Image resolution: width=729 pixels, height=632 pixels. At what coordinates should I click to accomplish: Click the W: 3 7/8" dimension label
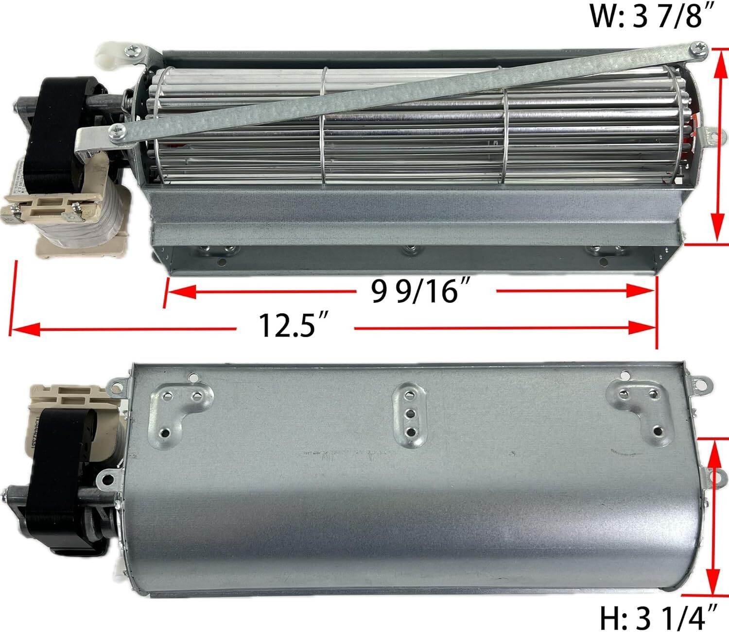[647, 17]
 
